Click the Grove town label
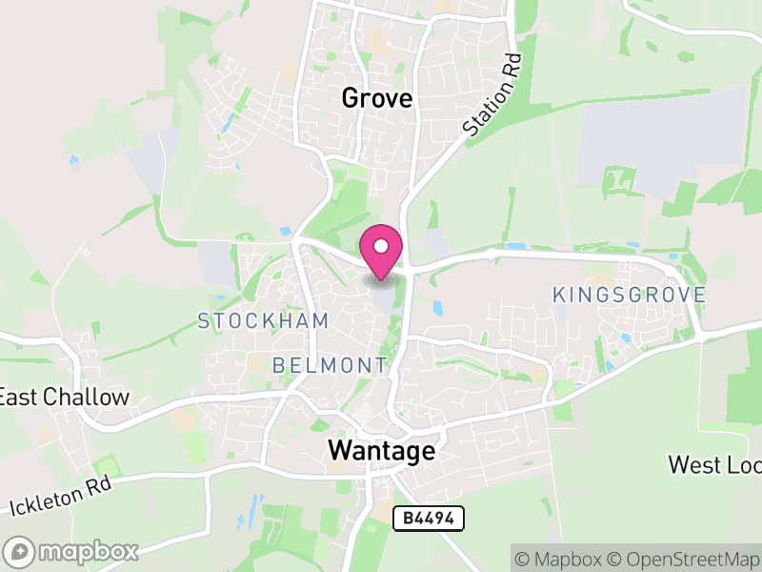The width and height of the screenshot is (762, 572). pos(376,98)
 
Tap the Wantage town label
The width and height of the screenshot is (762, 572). pos(381,451)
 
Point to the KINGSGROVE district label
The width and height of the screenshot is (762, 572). pos(630,295)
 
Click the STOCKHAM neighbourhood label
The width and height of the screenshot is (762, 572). pos(263,321)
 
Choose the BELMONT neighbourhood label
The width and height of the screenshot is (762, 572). pos(330,365)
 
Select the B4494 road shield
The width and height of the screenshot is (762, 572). pos(429,518)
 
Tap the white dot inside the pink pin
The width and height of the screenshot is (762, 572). pos(381,246)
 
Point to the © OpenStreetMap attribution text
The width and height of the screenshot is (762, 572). pos(689,557)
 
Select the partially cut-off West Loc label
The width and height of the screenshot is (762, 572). pos(714,465)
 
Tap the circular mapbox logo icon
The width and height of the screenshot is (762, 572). pos(19,551)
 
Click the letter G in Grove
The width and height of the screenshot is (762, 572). pos(350,98)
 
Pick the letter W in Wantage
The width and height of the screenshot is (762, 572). pos(339,451)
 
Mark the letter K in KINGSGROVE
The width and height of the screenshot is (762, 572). pos(559,295)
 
